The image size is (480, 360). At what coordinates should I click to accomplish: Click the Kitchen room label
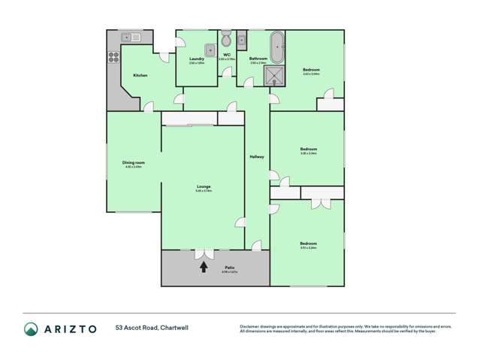pos(140,75)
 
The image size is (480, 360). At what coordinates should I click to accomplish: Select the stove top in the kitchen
pos(113,55)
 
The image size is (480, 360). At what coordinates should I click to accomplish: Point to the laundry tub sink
pos(200,50)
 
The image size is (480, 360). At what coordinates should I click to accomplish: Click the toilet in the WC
pos(226,40)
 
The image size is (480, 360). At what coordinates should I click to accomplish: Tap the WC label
pos(226,54)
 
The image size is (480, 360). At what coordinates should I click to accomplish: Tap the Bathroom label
pos(259,59)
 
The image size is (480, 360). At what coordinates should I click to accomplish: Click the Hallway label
pos(256,156)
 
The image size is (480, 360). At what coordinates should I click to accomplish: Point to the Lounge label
pos(203,186)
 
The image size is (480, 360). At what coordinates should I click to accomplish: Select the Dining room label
pos(134,162)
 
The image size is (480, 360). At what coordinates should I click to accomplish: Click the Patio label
pos(229,268)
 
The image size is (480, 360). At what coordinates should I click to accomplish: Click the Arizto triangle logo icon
pos(32,328)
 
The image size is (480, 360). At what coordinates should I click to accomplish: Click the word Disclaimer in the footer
pos(250,325)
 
